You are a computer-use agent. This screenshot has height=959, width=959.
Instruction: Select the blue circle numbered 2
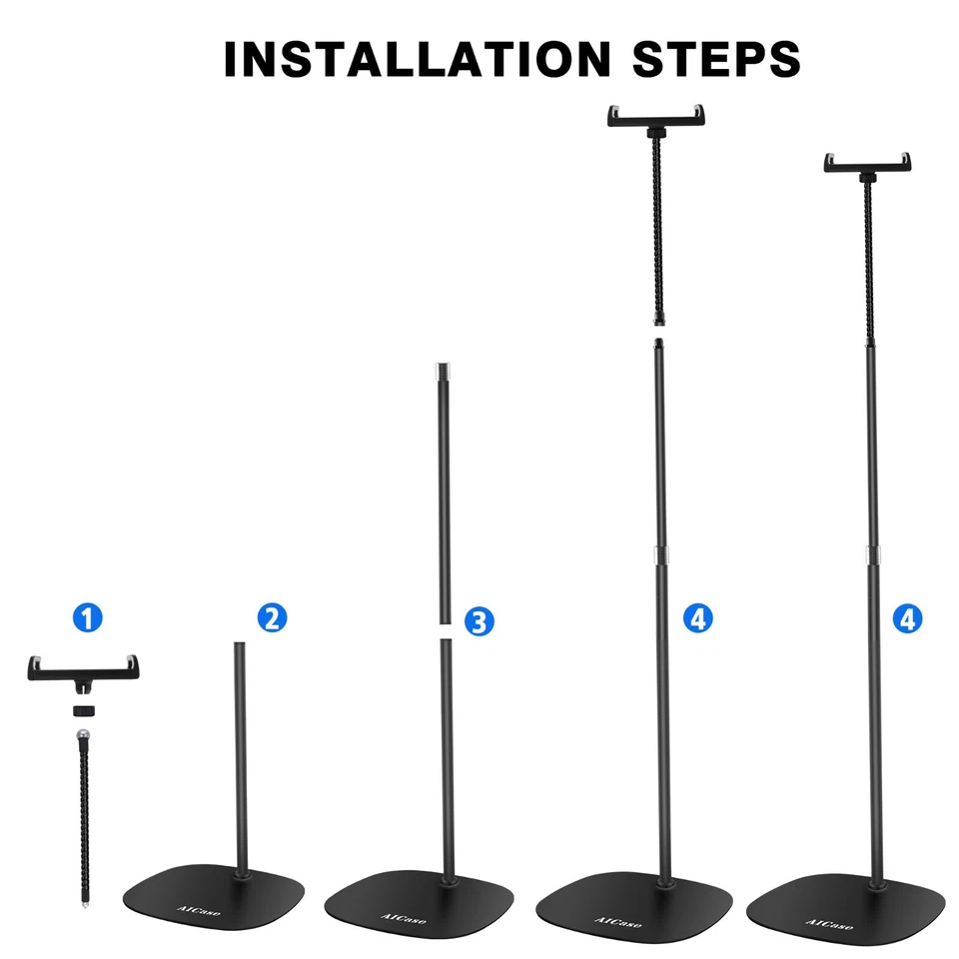coord(272,618)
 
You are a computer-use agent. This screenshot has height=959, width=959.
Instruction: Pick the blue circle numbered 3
coord(479,621)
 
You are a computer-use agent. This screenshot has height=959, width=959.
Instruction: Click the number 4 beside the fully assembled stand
coord(907,618)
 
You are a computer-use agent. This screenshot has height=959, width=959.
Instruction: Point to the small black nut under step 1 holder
coord(84,710)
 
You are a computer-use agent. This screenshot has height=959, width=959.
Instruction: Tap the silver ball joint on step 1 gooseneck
coord(84,738)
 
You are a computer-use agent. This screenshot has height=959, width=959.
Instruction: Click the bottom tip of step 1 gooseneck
coord(84,902)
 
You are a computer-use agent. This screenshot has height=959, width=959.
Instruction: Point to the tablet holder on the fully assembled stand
coord(868,162)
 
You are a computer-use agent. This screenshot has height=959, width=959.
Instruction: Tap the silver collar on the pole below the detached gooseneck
coord(659,555)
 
